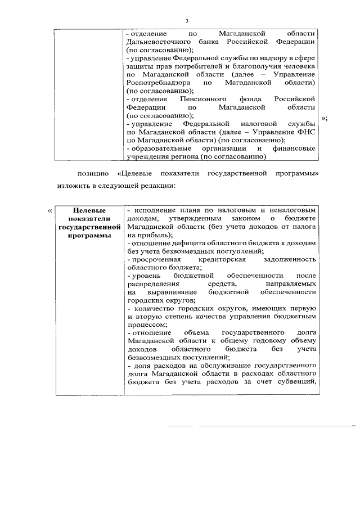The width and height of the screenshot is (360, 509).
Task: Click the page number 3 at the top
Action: pos(186,21)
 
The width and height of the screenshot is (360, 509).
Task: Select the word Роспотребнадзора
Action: pos(157,83)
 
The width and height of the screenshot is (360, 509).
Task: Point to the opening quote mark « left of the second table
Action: pos(50,210)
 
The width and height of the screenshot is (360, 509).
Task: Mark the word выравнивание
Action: pos(171,292)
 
